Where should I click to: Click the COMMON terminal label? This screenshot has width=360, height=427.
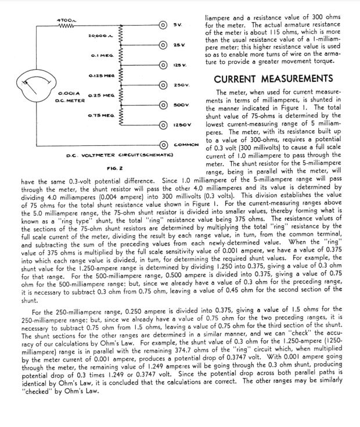click(x=186, y=144)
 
